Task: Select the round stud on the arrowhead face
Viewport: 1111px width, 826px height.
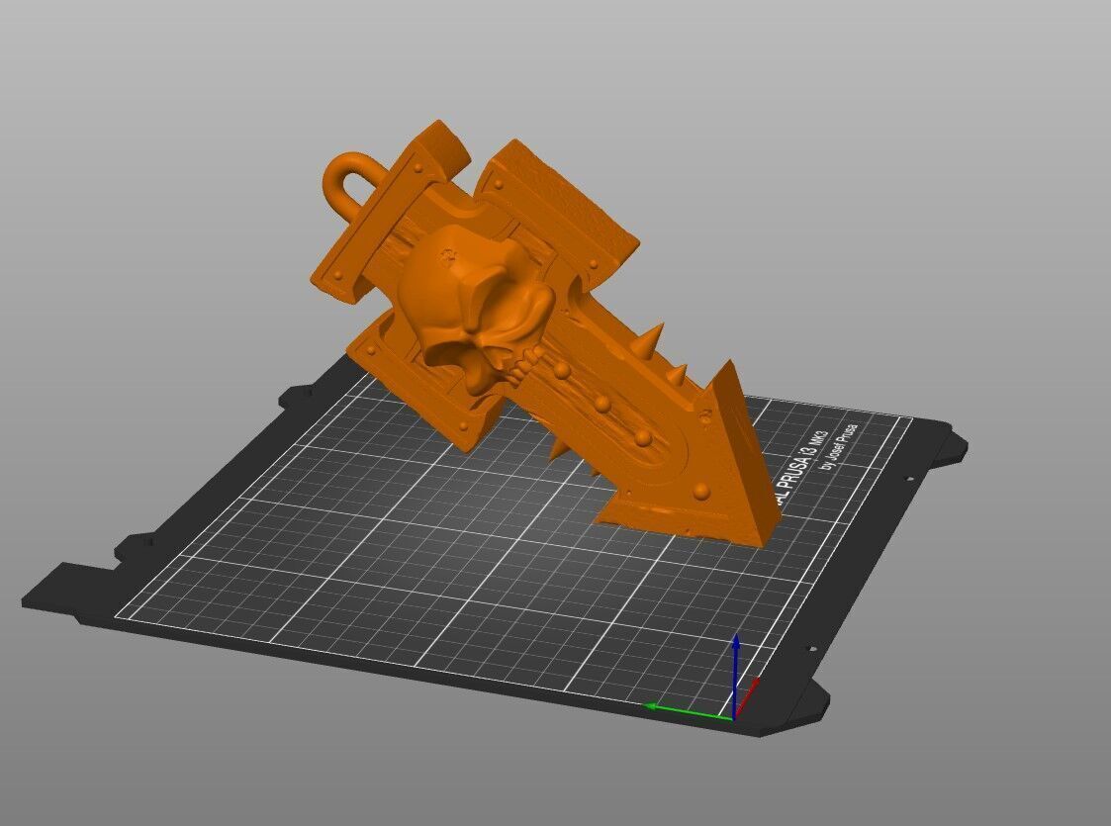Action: point(701,490)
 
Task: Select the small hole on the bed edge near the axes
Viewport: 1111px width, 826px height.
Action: point(810,651)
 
